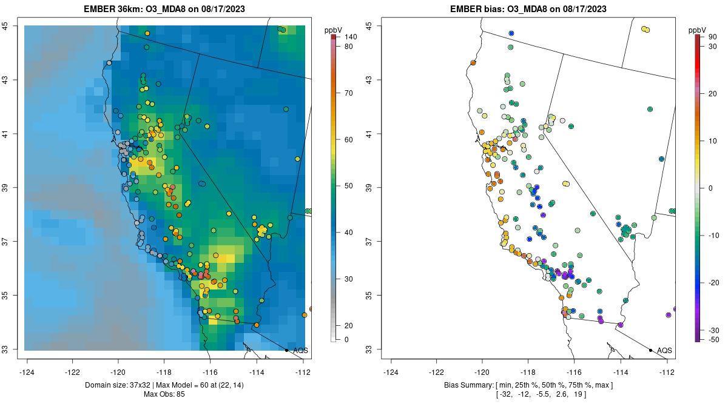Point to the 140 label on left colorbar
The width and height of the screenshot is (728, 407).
coord(350,38)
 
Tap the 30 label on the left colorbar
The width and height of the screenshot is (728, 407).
coord(349,279)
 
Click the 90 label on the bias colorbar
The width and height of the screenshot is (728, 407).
coord(713,38)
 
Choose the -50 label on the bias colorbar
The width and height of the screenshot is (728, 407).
coord(715,340)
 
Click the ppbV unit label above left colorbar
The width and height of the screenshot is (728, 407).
coord(334,30)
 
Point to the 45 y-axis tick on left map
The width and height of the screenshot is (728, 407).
coord(13,26)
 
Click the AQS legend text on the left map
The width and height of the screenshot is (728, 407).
coord(300,350)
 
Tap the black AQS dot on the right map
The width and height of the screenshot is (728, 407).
coord(650,350)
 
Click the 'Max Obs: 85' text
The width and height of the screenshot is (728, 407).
coord(164,394)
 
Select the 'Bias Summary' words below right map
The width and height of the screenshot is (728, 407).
coord(467,385)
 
